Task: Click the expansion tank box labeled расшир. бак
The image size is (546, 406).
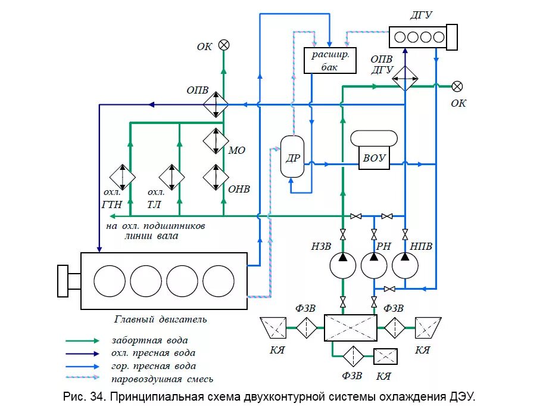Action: point(330,60)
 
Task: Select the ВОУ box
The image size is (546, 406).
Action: point(374,158)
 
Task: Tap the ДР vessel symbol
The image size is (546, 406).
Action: point(292,156)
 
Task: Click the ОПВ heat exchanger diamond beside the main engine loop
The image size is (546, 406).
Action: point(216,105)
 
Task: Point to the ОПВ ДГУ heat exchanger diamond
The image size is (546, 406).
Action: point(405,76)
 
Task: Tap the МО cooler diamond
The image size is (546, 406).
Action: point(216,141)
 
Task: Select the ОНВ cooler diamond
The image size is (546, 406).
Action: point(216,176)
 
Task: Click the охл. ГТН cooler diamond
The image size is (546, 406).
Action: point(123,176)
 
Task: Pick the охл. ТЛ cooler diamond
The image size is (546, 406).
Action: point(173,176)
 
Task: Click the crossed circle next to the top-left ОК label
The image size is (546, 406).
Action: point(224,45)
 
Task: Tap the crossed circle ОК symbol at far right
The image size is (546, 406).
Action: point(457,86)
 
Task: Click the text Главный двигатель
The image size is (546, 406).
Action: point(161,319)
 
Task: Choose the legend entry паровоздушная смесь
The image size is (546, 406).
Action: point(161,379)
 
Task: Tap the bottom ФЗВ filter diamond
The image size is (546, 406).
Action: point(353,356)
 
